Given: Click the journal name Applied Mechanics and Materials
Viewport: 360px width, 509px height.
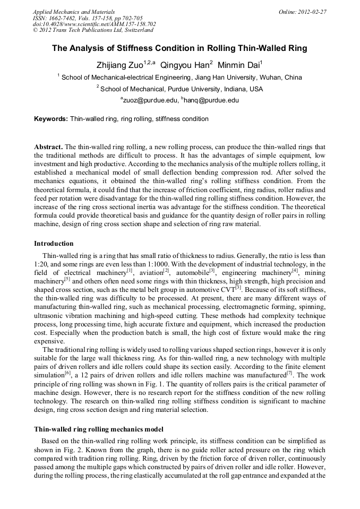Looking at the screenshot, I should pyautogui.click(x=73, y=12).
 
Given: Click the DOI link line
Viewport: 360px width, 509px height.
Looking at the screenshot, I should pyautogui.click(x=94, y=24).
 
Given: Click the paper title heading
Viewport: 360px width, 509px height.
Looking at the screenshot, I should pyautogui.click(x=179, y=48).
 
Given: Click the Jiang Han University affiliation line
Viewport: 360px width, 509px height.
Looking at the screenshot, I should pyautogui.click(x=179, y=77).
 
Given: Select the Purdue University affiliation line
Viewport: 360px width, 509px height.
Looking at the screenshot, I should pyautogui.click(x=179, y=89).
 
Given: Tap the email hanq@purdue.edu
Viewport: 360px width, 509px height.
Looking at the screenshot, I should pyautogui.click(x=211, y=100).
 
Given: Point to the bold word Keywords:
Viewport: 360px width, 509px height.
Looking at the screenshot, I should pyautogui.click(x=51, y=119).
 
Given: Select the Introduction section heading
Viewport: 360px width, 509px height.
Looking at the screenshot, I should pyautogui.click(x=54, y=244).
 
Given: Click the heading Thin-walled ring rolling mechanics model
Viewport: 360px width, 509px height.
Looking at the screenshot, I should pyautogui.click(x=98, y=429).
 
